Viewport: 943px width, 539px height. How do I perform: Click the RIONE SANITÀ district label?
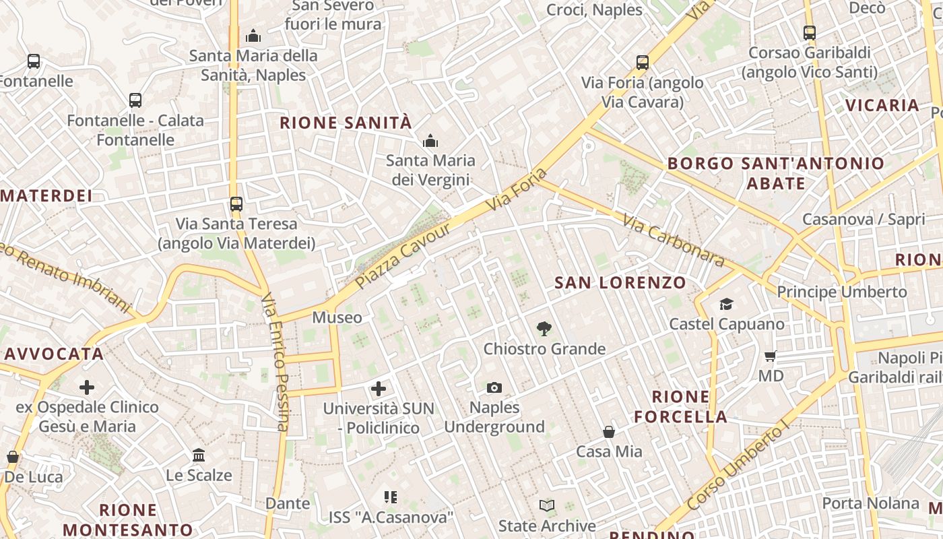tap(345, 123)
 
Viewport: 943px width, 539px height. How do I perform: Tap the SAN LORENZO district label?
tap(620, 283)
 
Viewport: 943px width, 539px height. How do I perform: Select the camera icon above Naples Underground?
tap(494, 387)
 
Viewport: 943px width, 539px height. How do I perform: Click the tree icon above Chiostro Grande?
tap(544, 329)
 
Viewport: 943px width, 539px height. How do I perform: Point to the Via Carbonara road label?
tap(673, 241)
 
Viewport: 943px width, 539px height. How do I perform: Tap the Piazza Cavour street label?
tap(403, 256)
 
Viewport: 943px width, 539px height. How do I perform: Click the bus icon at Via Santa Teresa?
tap(236, 203)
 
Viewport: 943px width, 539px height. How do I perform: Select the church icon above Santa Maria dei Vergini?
tap(430, 141)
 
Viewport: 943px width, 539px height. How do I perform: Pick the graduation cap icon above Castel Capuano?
tap(726, 305)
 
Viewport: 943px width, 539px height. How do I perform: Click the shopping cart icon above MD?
tap(771, 356)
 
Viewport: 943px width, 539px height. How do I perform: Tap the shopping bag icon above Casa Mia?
tap(609, 431)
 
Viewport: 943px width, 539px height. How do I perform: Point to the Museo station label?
tap(337, 317)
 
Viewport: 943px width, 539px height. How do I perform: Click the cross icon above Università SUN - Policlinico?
tap(379, 389)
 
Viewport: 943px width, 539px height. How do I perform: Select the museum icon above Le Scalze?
tap(199, 455)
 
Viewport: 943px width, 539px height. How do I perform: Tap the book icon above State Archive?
tap(547, 505)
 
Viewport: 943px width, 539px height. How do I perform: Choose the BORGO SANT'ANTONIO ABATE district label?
tap(776, 173)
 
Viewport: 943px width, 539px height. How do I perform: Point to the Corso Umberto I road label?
tap(738, 466)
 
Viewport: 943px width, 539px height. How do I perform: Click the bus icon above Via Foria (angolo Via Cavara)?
tap(643, 63)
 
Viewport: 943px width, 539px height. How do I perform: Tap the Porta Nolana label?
tap(870, 503)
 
